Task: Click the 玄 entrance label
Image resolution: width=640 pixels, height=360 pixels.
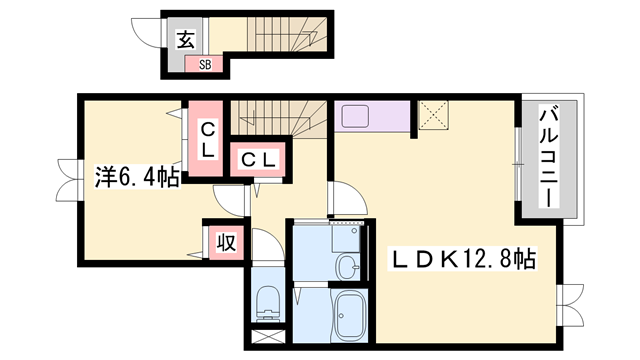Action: click(186, 40)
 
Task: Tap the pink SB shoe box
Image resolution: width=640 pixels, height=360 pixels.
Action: click(204, 64)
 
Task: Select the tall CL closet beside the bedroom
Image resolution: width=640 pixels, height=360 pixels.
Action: click(205, 139)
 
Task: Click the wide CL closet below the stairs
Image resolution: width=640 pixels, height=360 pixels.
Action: click(258, 159)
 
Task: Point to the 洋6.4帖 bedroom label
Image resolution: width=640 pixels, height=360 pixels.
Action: click(137, 176)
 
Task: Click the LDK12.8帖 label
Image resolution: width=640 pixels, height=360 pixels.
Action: click(462, 258)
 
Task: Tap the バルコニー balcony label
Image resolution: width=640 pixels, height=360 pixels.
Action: click(549, 156)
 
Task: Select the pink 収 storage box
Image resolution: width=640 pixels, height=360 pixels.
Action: click(226, 242)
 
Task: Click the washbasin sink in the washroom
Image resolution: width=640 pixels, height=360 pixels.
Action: click(348, 267)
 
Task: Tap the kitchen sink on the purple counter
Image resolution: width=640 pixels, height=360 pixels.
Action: click(356, 116)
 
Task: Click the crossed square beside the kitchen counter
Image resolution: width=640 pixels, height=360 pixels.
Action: click(433, 116)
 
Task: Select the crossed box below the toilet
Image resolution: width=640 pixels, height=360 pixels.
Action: click(267, 336)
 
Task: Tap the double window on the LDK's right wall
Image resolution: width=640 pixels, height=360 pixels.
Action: click(571, 304)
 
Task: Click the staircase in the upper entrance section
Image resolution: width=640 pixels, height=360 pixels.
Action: click(288, 34)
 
